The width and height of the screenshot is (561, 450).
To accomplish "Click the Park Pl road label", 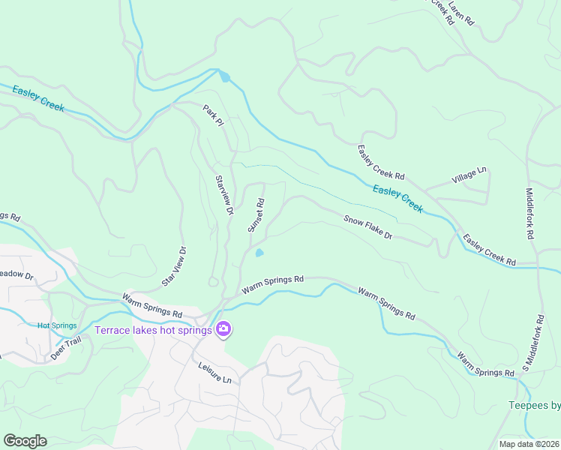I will click(214, 115).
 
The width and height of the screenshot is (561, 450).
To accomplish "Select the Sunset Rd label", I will click(256, 215).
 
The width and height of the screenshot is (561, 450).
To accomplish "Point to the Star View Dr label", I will click(174, 266).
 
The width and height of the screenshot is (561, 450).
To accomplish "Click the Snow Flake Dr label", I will click(368, 228).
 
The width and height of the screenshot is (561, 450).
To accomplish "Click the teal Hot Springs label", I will click(57, 325).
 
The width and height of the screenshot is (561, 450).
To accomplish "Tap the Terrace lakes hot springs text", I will click(153, 329).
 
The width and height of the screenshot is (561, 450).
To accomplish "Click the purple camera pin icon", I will click(223, 329).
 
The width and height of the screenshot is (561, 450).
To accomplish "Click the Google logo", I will click(25, 440).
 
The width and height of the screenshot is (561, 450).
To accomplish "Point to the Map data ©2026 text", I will click(528, 444).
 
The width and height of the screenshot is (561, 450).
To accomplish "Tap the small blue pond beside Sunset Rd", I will click(259, 253).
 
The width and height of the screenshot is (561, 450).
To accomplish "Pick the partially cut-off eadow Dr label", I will click(16, 275).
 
